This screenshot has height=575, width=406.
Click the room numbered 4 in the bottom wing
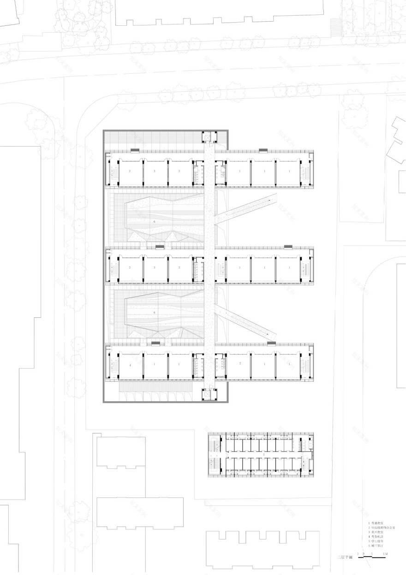130,365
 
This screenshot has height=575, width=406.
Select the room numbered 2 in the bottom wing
240,364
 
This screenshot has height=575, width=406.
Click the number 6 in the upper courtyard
155,222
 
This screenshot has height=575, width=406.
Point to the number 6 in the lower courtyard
155,312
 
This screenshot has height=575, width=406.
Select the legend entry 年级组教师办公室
383,528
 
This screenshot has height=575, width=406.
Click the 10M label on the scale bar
385,553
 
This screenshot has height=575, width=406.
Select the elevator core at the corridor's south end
209,394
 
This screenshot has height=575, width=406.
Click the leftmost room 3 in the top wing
130,171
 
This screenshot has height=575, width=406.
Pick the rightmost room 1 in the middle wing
289,267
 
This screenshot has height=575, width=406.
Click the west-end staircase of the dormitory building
215,454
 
